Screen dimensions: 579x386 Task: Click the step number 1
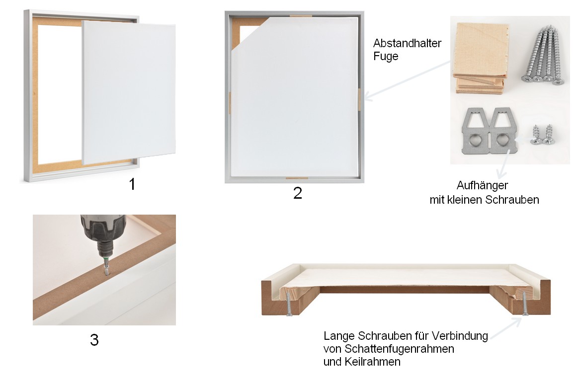pyautogui.click(x=132, y=184)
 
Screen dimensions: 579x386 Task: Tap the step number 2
pyautogui.click(x=298, y=193)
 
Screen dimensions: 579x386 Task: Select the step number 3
pyautogui.click(x=94, y=339)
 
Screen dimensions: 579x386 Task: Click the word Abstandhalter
pyautogui.click(x=407, y=43)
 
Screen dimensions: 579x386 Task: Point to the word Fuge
pyautogui.click(x=386, y=57)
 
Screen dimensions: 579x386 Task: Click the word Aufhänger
pyautogui.click(x=482, y=185)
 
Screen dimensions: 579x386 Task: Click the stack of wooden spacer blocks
pyautogui.click(x=480, y=58)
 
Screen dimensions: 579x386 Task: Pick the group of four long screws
pyautogui.click(x=543, y=55)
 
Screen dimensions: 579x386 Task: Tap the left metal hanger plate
pyautogui.click(x=476, y=131)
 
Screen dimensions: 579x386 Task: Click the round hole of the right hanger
pyautogui.click(x=501, y=140)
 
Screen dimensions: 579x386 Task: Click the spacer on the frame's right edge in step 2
pyautogui.click(x=358, y=100)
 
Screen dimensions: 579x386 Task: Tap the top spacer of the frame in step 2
pyautogui.click(x=301, y=16)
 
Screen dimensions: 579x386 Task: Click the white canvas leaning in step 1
pyautogui.click(x=129, y=92)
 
